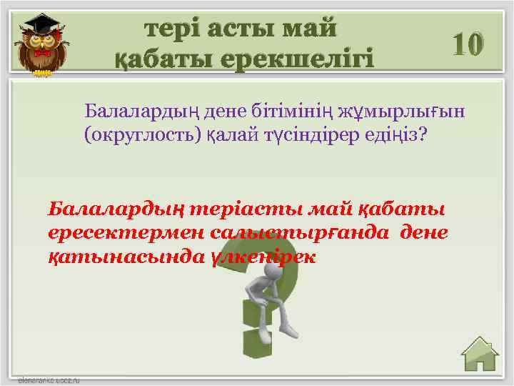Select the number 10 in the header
coord(468,44)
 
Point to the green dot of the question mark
coord(253,354)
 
